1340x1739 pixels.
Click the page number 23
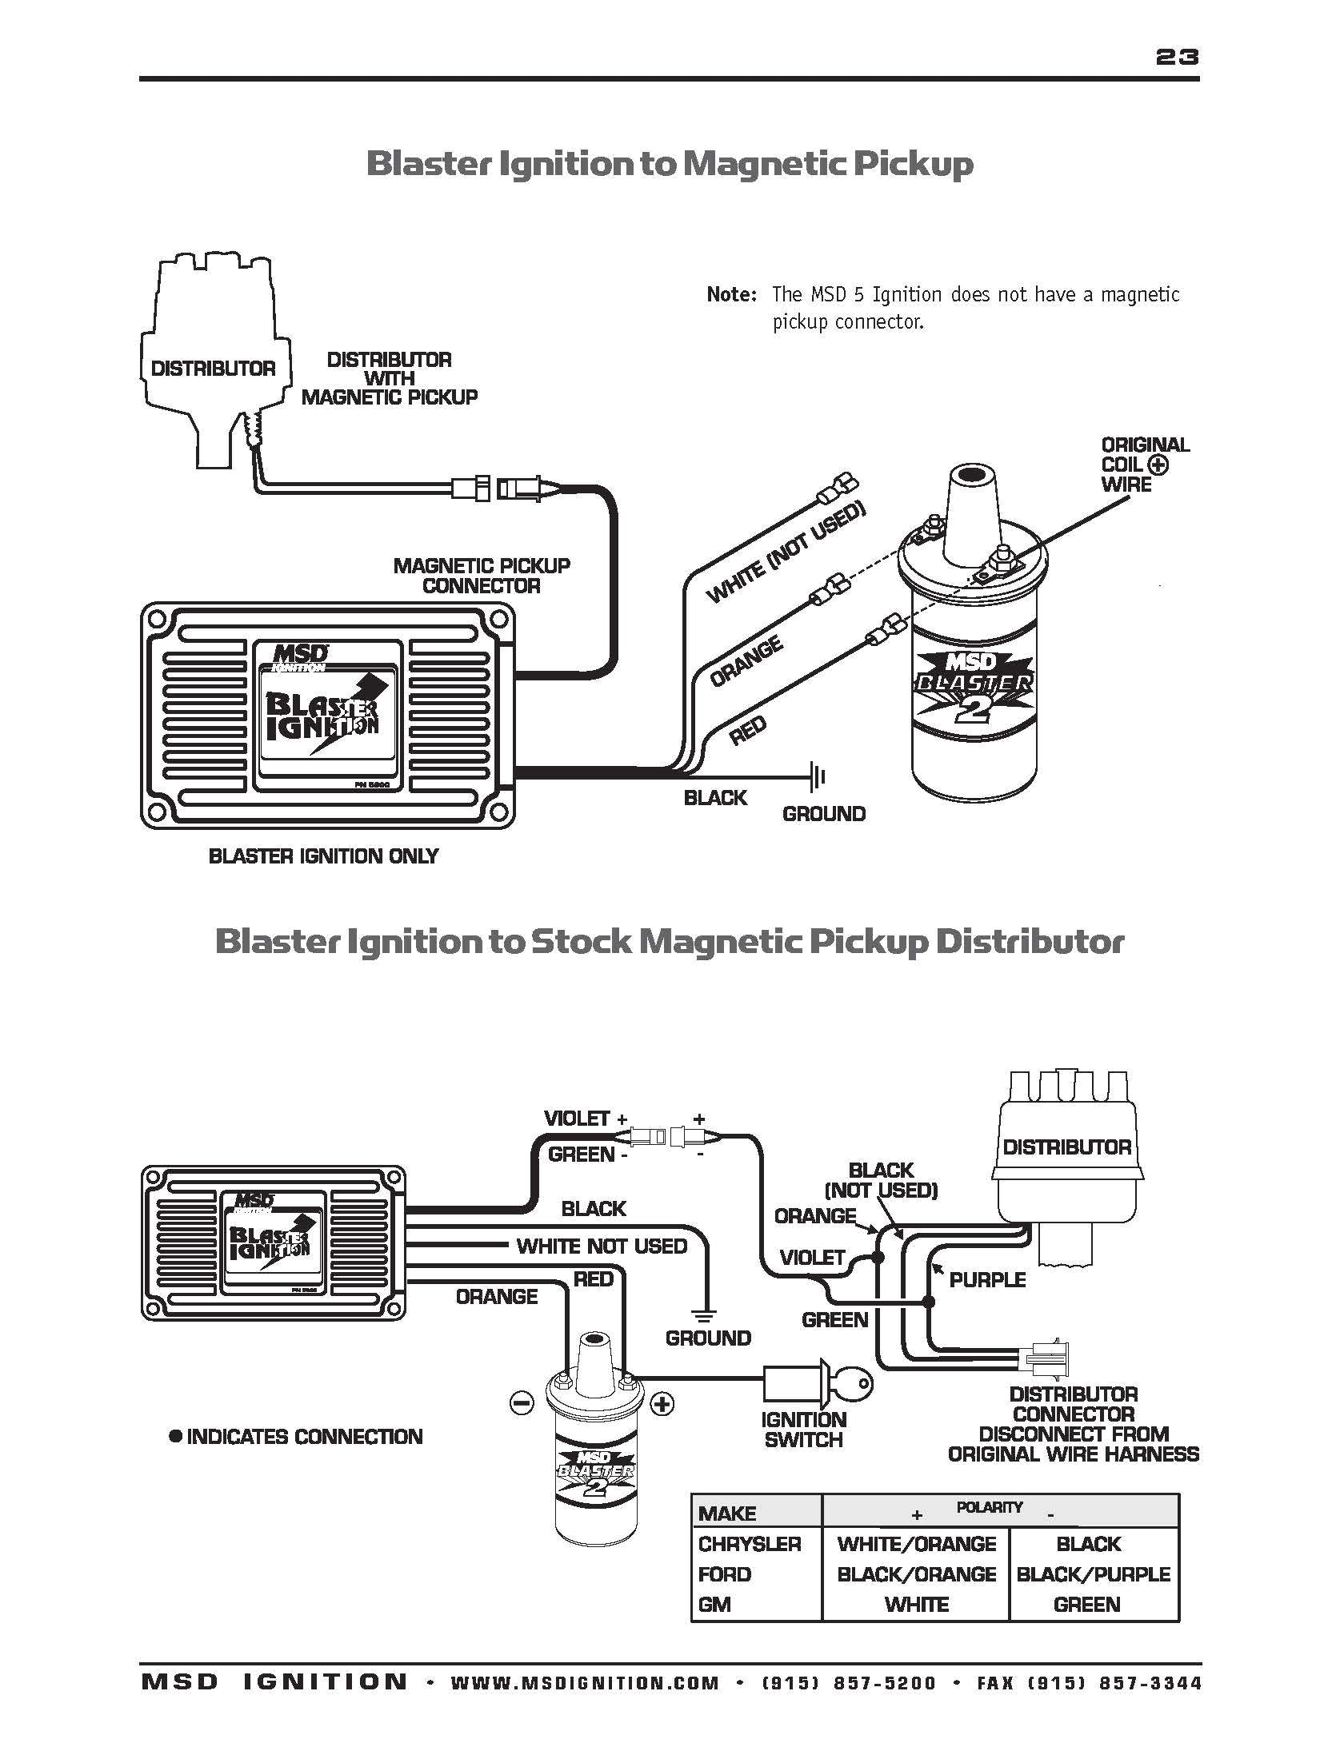(1177, 57)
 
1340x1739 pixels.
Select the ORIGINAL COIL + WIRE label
(1144, 465)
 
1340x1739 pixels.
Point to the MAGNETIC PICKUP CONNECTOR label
(482, 576)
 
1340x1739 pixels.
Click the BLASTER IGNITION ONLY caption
(323, 856)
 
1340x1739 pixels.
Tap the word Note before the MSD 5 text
(730, 295)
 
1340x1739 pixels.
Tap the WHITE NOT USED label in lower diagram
(602, 1246)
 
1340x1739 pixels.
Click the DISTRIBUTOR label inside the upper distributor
(213, 369)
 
